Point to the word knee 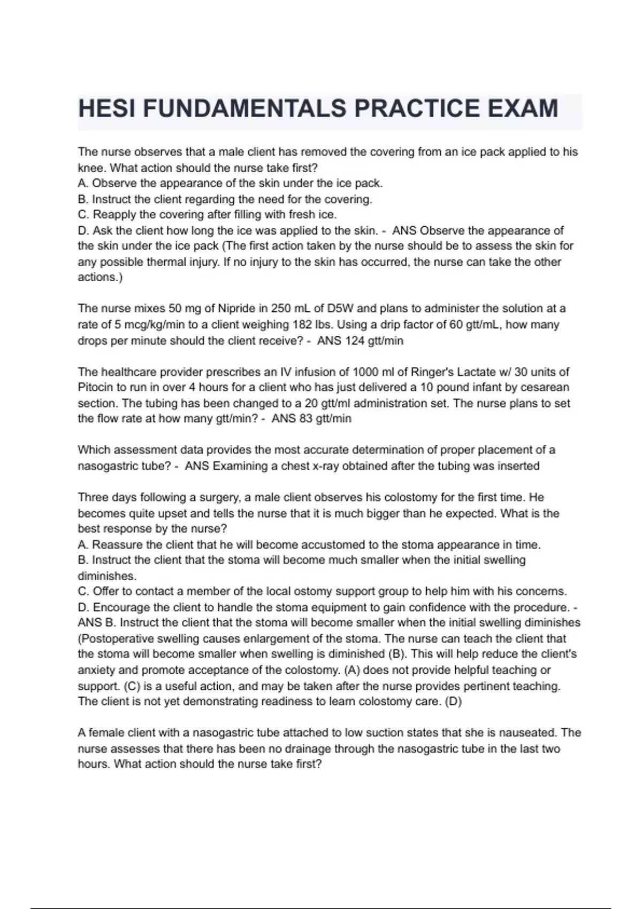(x=91, y=168)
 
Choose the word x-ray (x=326, y=466)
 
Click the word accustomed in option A (x=332, y=545)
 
